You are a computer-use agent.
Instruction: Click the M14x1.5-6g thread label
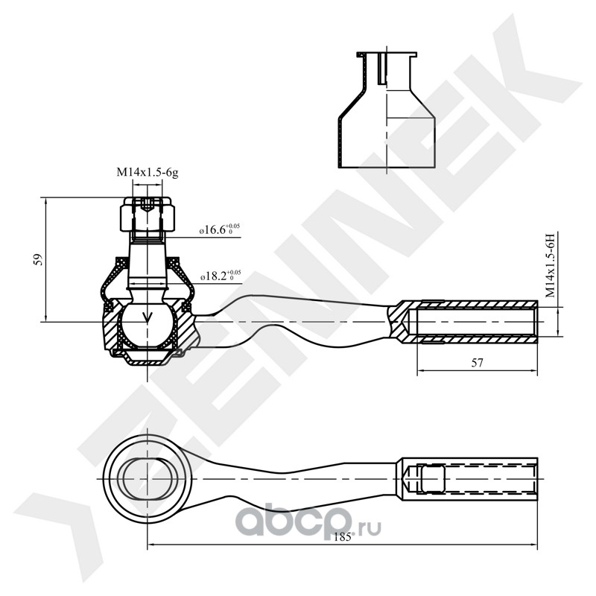(x=148, y=173)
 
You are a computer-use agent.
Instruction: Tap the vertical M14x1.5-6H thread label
(x=551, y=265)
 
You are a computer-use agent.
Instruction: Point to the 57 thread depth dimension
(x=477, y=363)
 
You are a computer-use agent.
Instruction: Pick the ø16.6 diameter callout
(x=220, y=229)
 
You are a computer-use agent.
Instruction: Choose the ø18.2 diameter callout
(x=221, y=276)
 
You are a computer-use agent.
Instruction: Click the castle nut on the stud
(x=148, y=215)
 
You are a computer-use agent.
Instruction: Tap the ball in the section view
(x=147, y=324)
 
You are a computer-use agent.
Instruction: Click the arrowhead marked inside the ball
(x=147, y=317)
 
